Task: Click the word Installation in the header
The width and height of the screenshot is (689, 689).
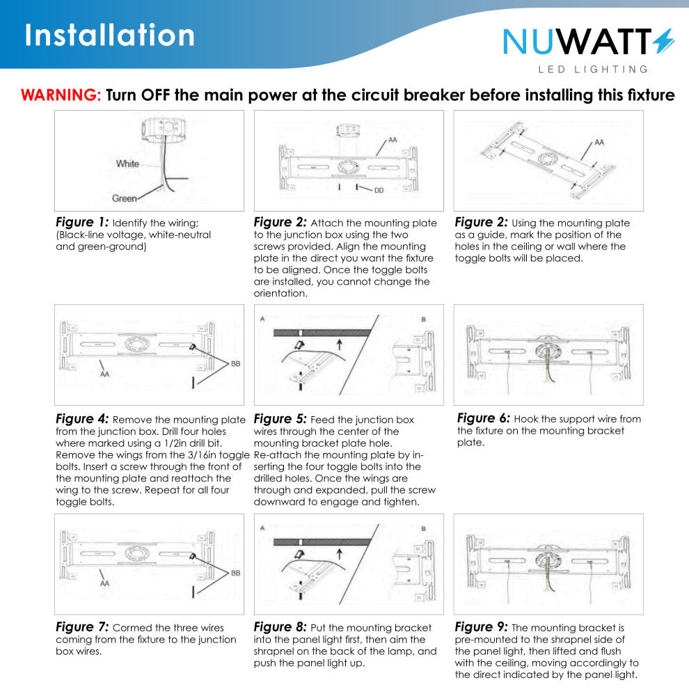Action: tap(109, 35)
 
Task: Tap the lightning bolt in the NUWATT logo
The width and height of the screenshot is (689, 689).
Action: tap(663, 41)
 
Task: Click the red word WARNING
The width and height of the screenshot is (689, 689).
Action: tap(61, 95)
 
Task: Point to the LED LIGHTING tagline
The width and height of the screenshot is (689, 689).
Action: tap(593, 70)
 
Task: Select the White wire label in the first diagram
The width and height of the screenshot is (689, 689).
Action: tap(127, 164)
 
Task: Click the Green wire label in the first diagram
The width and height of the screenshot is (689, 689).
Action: tap(125, 198)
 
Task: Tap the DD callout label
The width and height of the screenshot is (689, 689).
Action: tap(379, 190)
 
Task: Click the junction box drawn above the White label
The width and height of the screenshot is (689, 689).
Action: tap(160, 129)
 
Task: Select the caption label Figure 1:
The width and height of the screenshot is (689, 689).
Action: tap(82, 222)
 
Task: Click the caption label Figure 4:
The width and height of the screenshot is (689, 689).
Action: tap(82, 419)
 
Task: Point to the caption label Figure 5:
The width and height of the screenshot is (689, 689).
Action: tap(280, 419)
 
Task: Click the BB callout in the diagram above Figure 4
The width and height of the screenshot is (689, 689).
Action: tap(235, 364)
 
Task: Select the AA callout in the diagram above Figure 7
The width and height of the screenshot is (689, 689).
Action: tap(104, 583)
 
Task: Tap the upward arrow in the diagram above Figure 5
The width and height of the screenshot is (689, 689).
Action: tap(339, 344)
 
